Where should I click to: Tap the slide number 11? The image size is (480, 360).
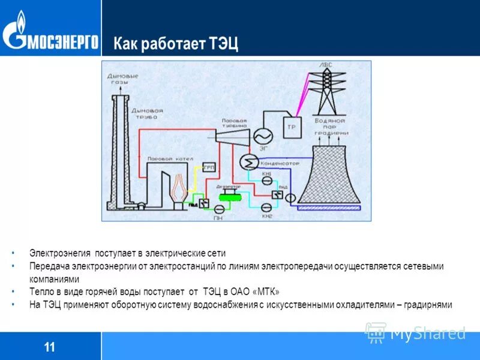pyautogui.click(x=49, y=347)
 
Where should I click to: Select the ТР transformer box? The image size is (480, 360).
pyautogui.click(x=292, y=127)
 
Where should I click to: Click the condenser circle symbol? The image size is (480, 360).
pyautogui.click(x=248, y=161)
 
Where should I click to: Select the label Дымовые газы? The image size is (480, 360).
pyautogui.click(x=122, y=79)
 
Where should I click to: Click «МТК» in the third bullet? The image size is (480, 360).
pyautogui.click(x=266, y=292)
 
